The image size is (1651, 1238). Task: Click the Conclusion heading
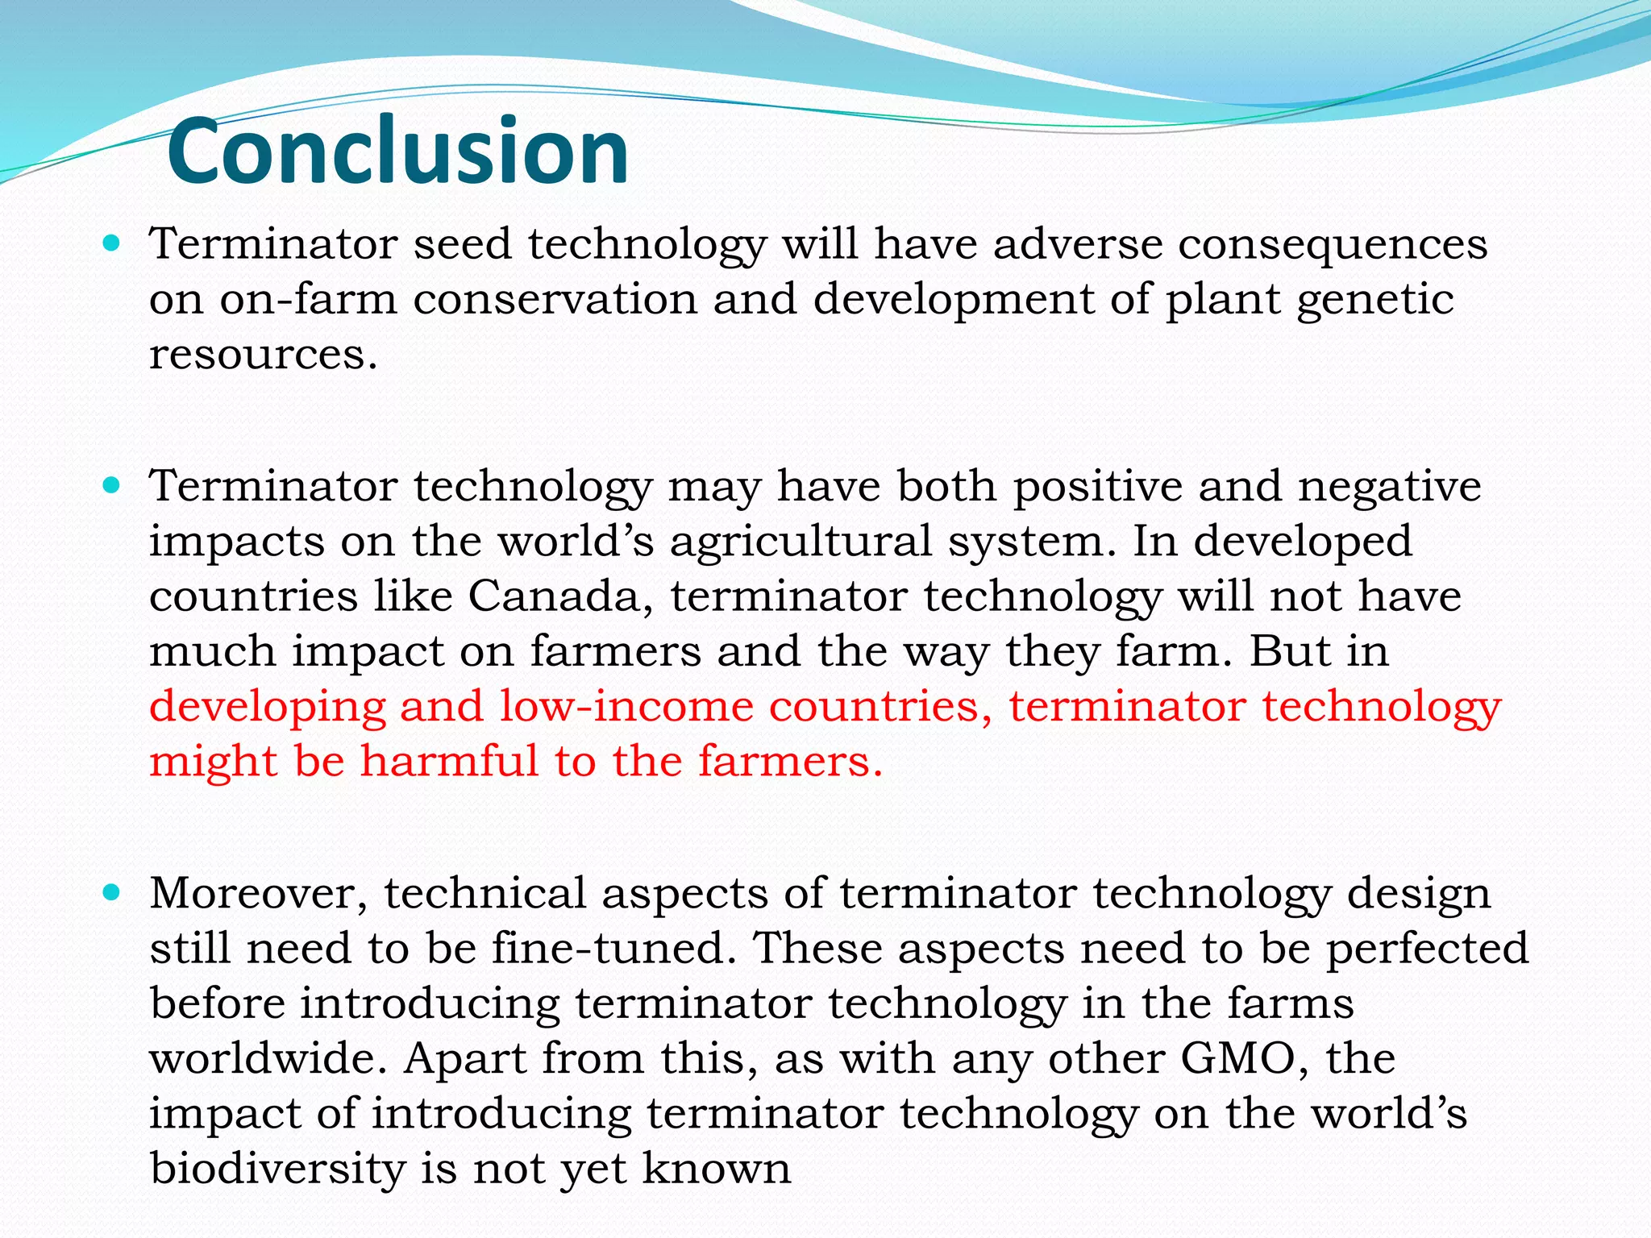pyautogui.click(x=397, y=151)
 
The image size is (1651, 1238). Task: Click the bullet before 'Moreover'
pyautogui.click(x=112, y=892)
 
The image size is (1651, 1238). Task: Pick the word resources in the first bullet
pyautogui.click(x=262, y=354)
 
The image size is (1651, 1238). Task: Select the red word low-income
pyautogui.click(x=626, y=706)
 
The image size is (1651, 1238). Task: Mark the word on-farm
pyautogui.click(x=308, y=299)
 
